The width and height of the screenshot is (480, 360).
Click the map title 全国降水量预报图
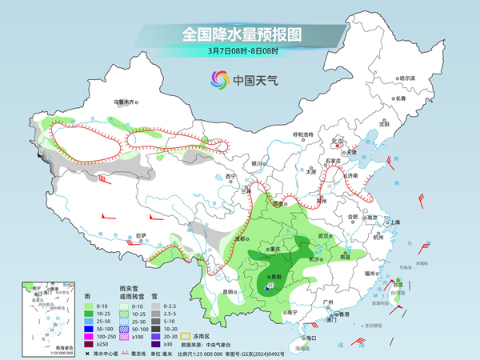point(240,34)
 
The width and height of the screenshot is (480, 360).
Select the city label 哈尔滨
point(408,78)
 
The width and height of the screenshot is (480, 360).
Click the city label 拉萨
point(141,235)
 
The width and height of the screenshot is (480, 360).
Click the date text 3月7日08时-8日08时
point(240,51)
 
